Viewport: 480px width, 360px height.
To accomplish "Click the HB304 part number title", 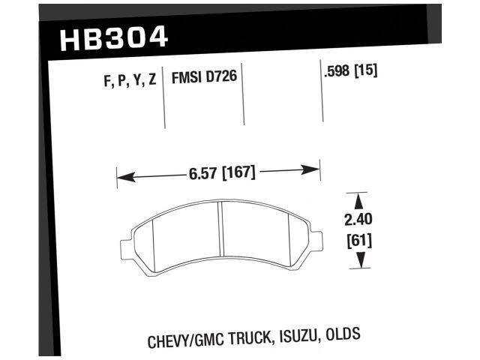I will [x=113, y=37].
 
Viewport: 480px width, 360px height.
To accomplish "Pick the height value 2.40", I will [x=359, y=221].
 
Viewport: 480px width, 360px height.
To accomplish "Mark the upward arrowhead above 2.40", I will [x=359, y=199].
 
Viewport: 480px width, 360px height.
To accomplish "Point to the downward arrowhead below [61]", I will [x=359, y=262].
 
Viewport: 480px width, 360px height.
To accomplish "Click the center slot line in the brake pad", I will [x=222, y=232].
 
